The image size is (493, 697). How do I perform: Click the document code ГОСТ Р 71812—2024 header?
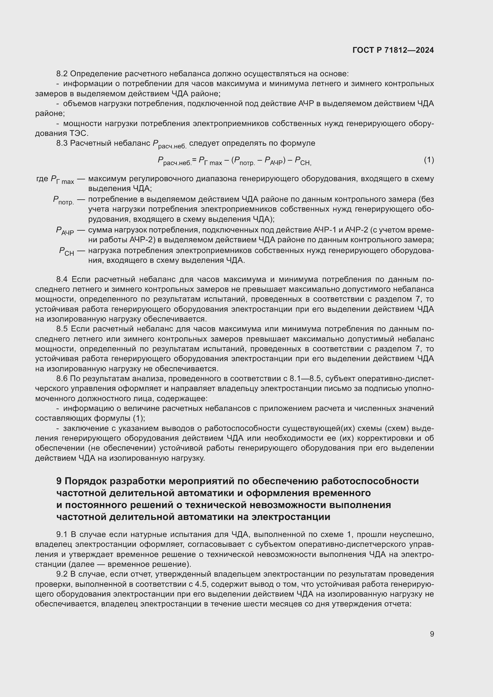pyautogui.click(x=393, y=50)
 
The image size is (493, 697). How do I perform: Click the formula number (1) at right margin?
pyautogui.click(x=429, y=160)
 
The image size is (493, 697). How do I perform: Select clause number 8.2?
pyautogui.click(x=63, y=74)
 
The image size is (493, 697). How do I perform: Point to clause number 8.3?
pyautogui.click(x=63, y=143)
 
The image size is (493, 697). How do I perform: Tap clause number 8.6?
pyautogui.click(x=63, y=378)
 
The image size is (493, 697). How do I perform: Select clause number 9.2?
pyautogui.click(x=63, y=574)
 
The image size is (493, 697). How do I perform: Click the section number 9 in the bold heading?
pyautogui.click(x=59, y=481)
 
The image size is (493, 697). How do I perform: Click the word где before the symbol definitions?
pyautogui.click(x=42, y=178)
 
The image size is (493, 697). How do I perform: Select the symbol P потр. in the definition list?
pyautogui.click(x=63, y=200)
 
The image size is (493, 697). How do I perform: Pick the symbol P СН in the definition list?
pyautogui.click(x=66, y=252)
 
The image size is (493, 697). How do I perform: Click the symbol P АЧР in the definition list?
pyautogui.click(x=65, y=231)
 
